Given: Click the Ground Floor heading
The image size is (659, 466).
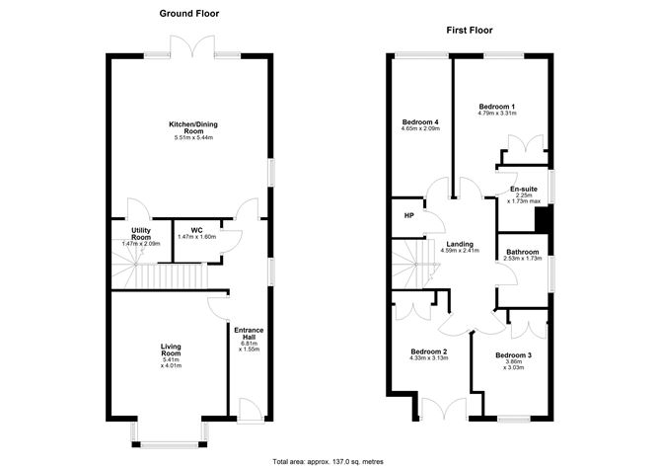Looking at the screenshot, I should (x=189, y=14).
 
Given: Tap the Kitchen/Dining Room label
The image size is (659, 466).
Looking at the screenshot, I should (x=186, y=127).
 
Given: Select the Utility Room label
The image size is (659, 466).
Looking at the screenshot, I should (x=140, y=234).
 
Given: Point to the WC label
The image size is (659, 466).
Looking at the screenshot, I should (x=196, y=231).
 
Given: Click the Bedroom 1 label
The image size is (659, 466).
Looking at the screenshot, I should (x=498, y=107).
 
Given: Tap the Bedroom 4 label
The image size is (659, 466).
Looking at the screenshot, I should (x=420, y=121).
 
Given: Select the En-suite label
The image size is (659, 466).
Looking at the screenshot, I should (x=524, y=190).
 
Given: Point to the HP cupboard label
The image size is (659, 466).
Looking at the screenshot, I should (x=407, y=215).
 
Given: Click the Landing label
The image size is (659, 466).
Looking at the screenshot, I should (x=459, y=244).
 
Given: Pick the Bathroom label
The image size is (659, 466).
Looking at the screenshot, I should (x=523, y=252).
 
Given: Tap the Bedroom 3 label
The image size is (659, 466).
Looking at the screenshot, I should (x=513, y=355).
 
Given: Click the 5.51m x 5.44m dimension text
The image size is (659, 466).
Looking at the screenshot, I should (x=186, y=137).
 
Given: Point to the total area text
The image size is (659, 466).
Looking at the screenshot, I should (x=329, y=460).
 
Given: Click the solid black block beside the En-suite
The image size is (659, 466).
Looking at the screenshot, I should (x=553, y=219).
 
